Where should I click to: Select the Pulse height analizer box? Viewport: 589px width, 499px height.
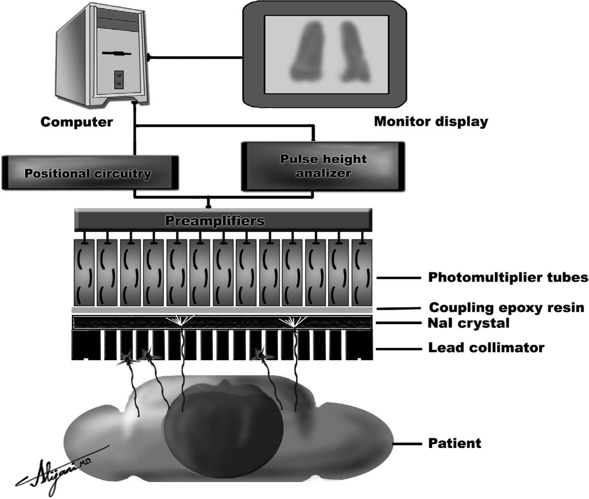click(323, 166)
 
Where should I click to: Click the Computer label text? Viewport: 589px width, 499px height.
click(77, 122)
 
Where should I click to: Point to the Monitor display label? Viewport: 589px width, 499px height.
click(431, 122)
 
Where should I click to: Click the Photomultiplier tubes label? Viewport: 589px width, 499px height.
click(508, 277)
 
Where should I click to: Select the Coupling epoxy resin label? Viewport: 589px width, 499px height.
click(506, 308)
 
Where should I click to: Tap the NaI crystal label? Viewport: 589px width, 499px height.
click(468, 323)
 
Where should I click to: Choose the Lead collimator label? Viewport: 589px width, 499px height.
click(486, 348)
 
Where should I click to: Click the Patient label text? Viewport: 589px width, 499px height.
click(454, 443)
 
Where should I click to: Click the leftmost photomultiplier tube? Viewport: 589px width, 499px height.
click(84, 272)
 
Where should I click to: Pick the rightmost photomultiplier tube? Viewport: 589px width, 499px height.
click(362, 272)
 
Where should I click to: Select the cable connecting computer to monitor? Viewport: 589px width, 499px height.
click(196, 58)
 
